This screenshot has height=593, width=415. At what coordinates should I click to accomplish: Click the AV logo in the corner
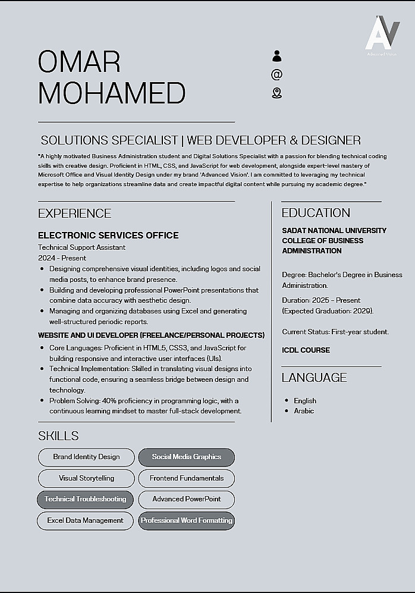click(382, 34)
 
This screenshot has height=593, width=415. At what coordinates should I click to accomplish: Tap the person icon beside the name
click(276, 56)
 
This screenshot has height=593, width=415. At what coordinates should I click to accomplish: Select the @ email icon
click(276, 74)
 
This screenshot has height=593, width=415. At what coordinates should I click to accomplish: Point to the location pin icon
click(276, 93)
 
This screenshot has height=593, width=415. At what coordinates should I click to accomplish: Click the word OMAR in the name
click(79, 62)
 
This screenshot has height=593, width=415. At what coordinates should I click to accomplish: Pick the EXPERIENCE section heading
click(74, 214)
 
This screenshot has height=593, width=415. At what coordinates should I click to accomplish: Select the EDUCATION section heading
click(316, 213)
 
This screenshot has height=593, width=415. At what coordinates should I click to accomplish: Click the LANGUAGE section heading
click(314, 378)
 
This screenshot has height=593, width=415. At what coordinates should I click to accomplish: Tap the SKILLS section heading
click(58, 436)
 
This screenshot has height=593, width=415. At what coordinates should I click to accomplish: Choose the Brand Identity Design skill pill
click(86, 457)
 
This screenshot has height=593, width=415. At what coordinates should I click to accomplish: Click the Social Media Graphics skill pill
click(186, 457)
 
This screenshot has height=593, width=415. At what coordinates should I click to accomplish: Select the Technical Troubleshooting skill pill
click(86, 499)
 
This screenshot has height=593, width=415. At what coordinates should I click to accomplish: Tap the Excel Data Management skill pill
click(86, 520)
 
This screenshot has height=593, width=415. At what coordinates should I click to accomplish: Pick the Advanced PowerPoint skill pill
click(186, 499)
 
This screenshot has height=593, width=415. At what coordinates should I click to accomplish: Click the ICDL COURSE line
click(306, 350)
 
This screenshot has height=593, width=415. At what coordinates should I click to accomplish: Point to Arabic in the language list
click(304, 411)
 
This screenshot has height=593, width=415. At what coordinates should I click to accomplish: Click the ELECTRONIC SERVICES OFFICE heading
click(108, 236)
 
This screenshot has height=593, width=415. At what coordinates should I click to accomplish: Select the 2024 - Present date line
click(62, 258)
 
